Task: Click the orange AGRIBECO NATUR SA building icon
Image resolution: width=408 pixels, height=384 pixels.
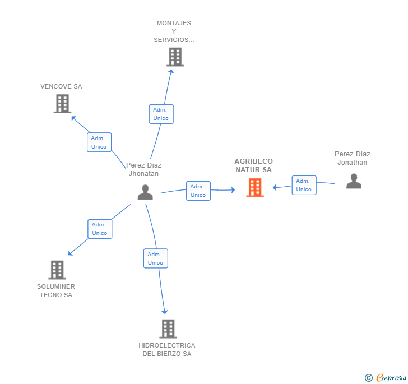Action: pyautogui.click(x=255, y=187)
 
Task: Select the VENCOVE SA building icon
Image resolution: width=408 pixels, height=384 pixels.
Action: pyautogui.click(x=62, y=103)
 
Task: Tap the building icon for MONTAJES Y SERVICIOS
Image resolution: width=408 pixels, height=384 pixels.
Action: pyautogui.click(x=175, y=57)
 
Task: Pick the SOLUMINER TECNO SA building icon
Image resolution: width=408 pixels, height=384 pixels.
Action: pyautogui.click(x=57, y=270)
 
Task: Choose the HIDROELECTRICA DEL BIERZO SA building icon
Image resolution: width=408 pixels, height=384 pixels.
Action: pyautogui.click(x=168, y=329)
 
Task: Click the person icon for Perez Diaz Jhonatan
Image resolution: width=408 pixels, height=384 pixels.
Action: pyautogui.click(x=145, y=192)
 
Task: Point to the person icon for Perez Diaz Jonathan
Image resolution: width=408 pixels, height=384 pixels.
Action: pyautogui.click(x=354, y=181)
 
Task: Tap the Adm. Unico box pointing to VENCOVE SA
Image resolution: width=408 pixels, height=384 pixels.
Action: pyautogui.click(x=100, y=142)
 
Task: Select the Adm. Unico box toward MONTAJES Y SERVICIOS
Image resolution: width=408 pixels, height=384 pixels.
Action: pyautogui.click(x=161, y=114)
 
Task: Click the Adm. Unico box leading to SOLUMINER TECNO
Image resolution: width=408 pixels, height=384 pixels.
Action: pyautogui.click(x=100, y=229)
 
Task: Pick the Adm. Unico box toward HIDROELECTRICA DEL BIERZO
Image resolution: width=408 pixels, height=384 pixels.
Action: pyautogui.click(x=155, y=258)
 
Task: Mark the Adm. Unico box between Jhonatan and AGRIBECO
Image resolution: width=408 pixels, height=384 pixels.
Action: pyautogui.click(x=198, y=191)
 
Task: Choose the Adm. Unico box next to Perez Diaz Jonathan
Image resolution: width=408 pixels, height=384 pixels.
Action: pyautogui.click(x=304, y=185)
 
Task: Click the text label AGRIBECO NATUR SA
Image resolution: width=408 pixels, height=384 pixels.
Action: pyautogui.click(x=254, y=165)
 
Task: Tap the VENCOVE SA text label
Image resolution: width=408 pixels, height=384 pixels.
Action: pyautogui.click(x=61, y=86)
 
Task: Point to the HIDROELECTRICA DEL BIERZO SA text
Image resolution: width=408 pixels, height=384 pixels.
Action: pyautogui.click(x=167, y=349)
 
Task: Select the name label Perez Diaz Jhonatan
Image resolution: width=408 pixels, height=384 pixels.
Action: pyautogui.click(x=144, y=169)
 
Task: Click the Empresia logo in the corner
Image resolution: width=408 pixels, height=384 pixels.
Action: pyautogui.click(x=386, y=377)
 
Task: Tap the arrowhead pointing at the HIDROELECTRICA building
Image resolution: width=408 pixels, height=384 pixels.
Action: pyautogui.click(x=165, y=311)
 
